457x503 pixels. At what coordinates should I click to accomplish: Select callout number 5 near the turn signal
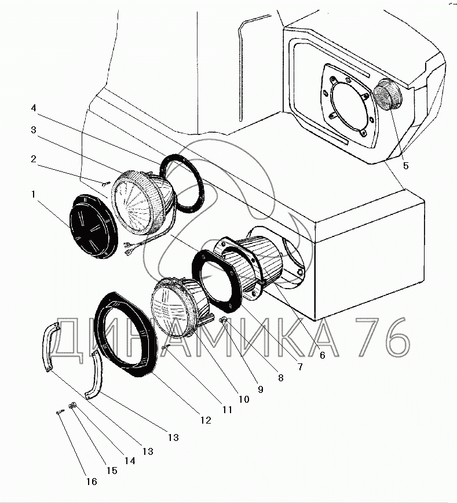(405, 166)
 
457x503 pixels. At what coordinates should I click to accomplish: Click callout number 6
(323, 355)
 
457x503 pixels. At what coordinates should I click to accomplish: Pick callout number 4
(34, 108)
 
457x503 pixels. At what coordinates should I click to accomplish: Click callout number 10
(242, 399)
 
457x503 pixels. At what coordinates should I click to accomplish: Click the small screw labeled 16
(60, 412)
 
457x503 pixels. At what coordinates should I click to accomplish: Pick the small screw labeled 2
(105, 184)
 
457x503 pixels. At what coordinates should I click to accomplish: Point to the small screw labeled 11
(166, 347)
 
